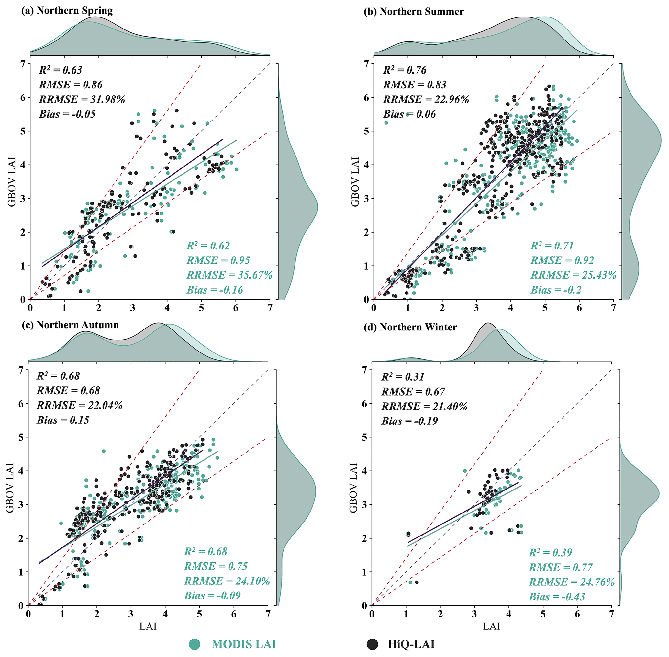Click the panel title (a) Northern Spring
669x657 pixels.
point(67,10)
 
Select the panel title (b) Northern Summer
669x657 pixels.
point(414,11)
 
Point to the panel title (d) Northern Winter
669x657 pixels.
point(410,327)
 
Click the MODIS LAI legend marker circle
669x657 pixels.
point(195,644)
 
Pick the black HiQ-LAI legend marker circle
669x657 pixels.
point(372,644)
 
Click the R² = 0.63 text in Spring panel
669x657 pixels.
point(61,70)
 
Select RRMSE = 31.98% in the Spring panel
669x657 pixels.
point(82,99)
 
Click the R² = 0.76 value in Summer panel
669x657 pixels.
point(405,70)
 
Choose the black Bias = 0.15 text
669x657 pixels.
point(63,420)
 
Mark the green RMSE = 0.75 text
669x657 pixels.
point(216,566)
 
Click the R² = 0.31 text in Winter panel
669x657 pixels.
point(403,377)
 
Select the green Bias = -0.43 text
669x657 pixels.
point(557,597)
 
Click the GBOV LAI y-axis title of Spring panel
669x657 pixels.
point(12,182)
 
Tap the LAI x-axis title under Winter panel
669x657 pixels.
point(491,626)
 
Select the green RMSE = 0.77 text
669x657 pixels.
point(561,567)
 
